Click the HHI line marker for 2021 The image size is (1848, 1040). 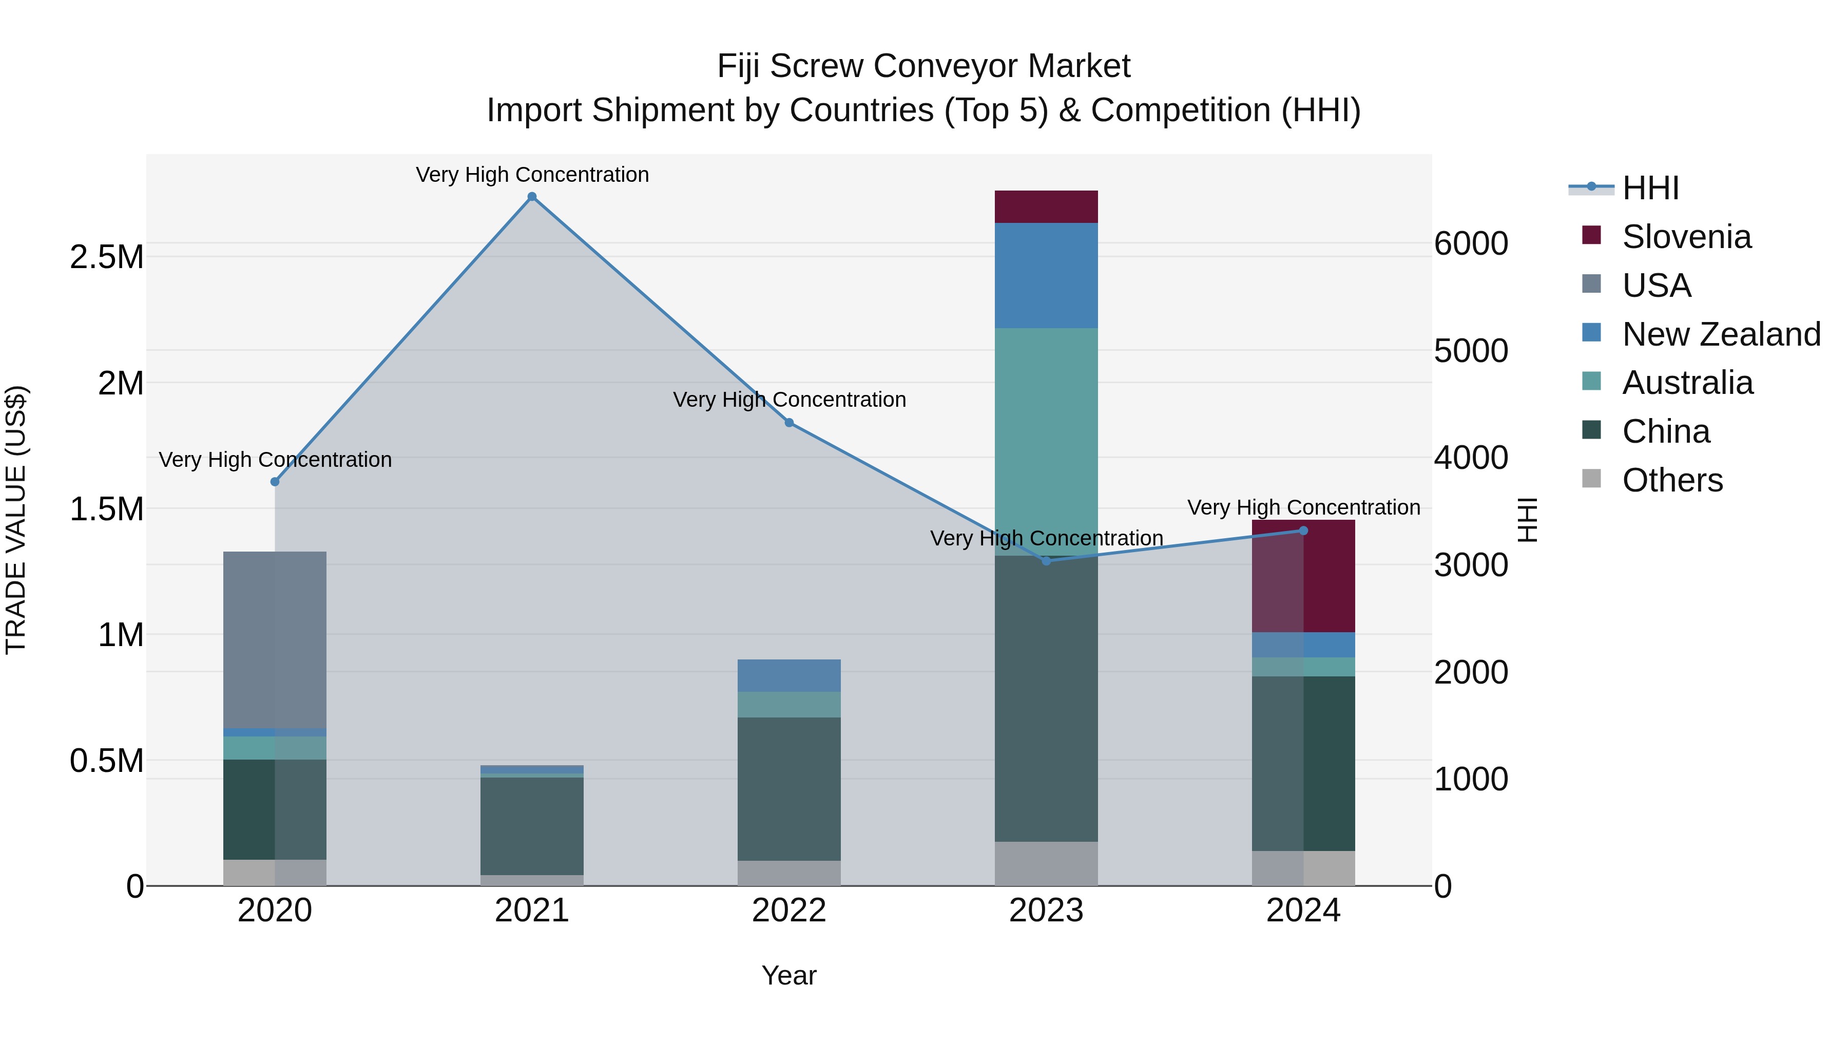point(532,197)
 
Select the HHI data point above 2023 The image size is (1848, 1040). point(1046,560)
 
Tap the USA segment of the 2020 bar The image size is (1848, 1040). point(275,639)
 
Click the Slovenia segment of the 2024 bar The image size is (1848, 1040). point(1303,576)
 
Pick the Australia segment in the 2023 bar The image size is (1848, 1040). point(1046,441)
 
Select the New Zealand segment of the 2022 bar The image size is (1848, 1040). point(789,675)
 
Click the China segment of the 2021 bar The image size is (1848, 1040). point(532,825)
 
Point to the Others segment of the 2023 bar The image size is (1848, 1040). point(1046,863)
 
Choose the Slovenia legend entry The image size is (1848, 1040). point(1686,237)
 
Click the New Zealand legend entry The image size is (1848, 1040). point(1720,334)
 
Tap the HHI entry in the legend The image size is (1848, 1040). point(1650,188)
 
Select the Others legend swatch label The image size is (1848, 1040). point(1671,480)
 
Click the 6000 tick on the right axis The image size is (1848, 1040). point(1471,243)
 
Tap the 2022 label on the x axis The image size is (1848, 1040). point(789,910)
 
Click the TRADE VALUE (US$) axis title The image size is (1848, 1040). point(16,520)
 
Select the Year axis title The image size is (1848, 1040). point(789,975)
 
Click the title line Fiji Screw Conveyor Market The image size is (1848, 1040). point(923,66)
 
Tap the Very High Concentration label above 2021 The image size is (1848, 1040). point(532,175)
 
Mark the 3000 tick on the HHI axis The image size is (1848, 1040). point(1471,565)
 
